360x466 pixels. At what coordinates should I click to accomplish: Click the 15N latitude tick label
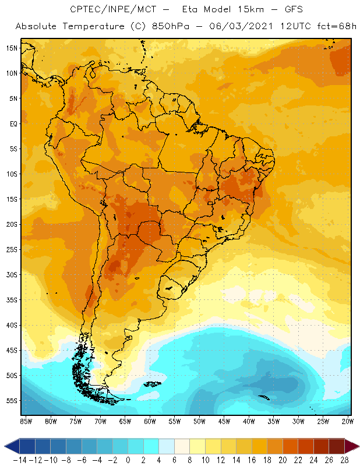click(x=12, y=48)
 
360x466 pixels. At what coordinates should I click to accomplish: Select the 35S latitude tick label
click(x=12, y=300)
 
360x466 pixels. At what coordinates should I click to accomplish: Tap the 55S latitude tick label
click(x=12, y=401)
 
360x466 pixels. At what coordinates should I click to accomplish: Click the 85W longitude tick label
click(x=26, y=421)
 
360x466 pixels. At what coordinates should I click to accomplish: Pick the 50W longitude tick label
click(x=199, y=421)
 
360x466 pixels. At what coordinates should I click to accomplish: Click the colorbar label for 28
click(x=344, y=460)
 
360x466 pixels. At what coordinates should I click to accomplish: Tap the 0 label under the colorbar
click(x=128, y=460)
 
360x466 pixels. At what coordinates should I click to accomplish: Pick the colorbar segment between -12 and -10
click(x=43, y=446)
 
